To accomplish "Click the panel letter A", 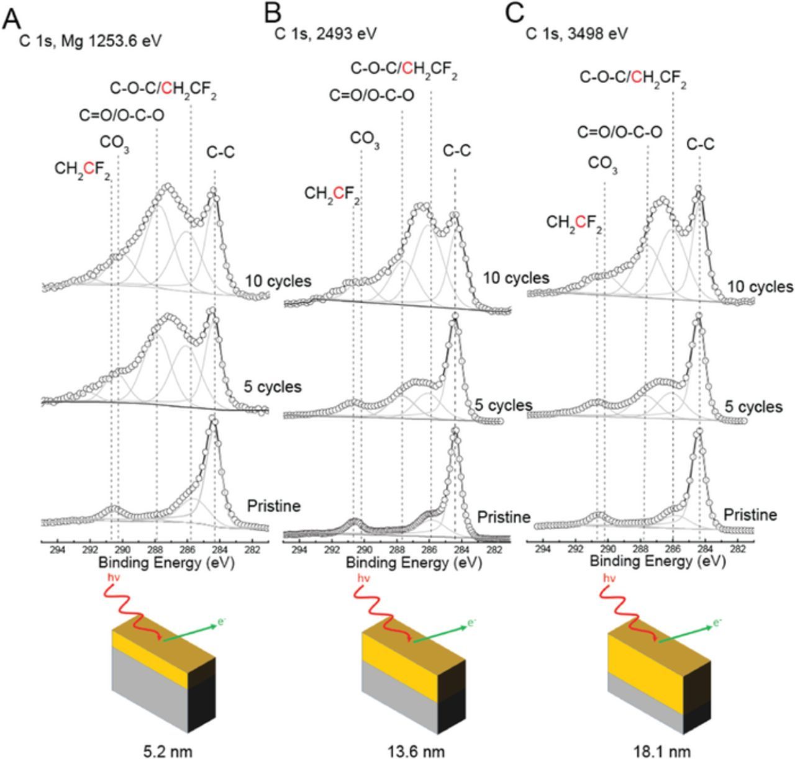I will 12,19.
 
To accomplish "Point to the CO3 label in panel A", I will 114,144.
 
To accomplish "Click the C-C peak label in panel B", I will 457,150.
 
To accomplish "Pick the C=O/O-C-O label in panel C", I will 619,132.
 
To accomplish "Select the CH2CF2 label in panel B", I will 332,194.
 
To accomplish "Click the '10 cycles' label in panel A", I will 278,281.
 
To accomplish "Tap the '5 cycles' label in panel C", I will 753,407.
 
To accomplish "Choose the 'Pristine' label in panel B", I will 504,516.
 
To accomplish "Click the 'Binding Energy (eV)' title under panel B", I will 414,563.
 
